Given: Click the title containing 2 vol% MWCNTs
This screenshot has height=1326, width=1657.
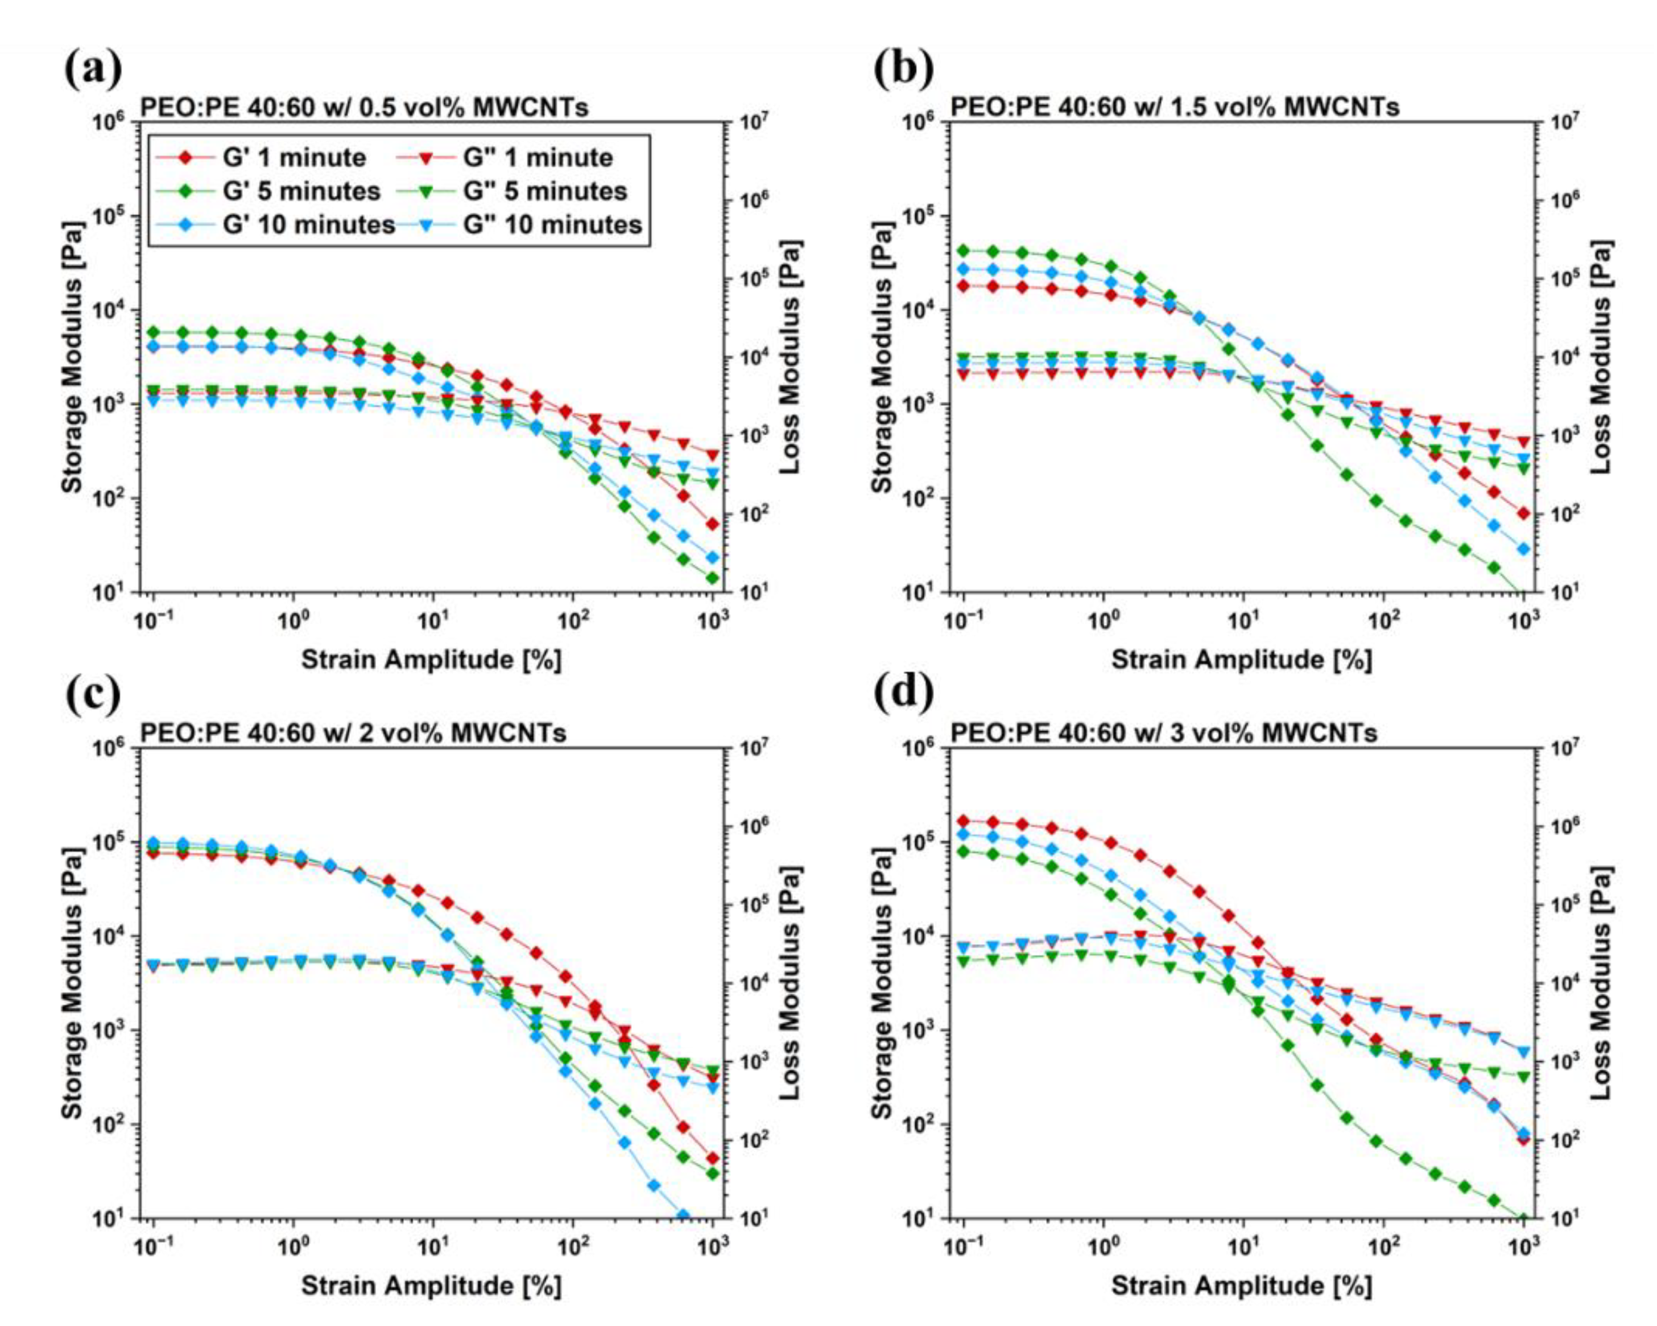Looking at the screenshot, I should pyautogui.click(x=353, y=732).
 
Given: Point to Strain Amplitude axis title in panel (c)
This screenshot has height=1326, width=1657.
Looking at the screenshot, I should pyautogui.click(x=431, y=1285).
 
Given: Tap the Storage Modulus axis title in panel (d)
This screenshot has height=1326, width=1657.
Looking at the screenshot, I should pyautogui.click(x=882, y=983).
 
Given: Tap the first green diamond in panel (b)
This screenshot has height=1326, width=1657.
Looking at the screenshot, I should pyautogui.click(x=964, y=250).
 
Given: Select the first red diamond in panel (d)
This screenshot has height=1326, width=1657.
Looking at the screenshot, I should pyautogui.click(x=964, y=821).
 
